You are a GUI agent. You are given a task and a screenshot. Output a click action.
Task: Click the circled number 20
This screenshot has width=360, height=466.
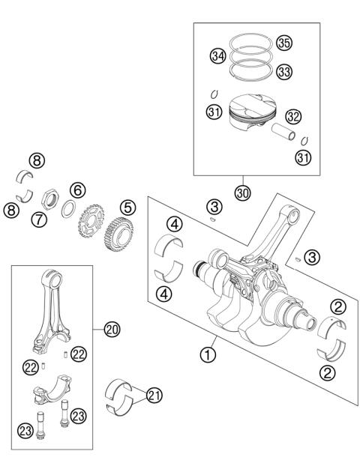112,329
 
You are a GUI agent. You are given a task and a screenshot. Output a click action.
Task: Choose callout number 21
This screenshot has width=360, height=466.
154,395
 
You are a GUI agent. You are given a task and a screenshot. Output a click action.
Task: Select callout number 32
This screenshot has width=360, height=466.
292,116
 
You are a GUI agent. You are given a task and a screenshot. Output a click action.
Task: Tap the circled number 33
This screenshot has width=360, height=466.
283,71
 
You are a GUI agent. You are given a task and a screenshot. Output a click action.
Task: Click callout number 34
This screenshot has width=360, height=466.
218,56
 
